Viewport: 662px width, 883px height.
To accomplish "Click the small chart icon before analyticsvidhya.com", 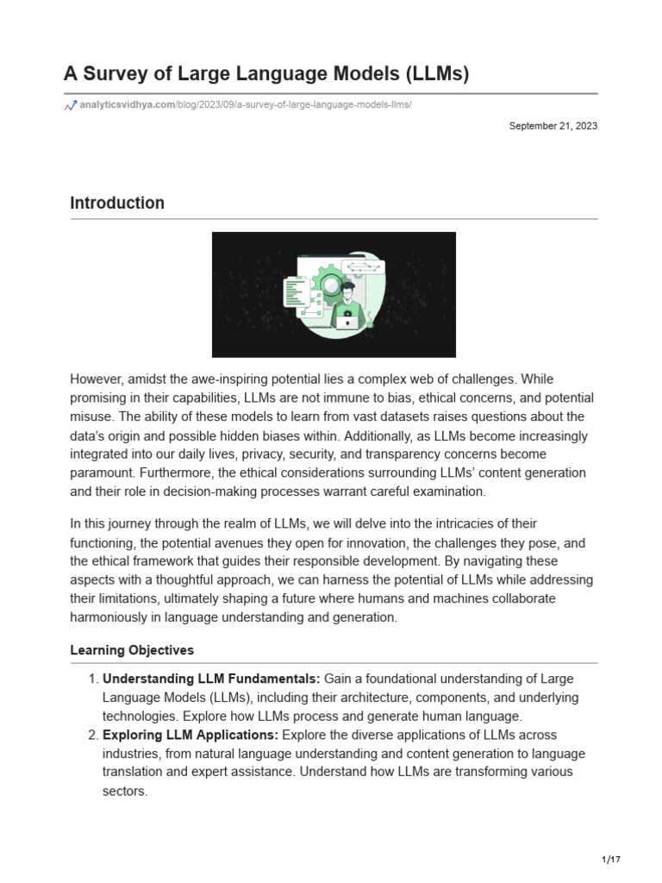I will point(71,105).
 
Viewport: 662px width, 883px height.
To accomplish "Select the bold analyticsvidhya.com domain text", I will point(127,105).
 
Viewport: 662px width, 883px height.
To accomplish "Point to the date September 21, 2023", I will point(553,126).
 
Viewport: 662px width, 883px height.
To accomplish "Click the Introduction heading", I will point(117,204).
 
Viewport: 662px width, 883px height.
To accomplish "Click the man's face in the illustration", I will point(347,295).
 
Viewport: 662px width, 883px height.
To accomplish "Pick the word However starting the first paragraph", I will point(98,379).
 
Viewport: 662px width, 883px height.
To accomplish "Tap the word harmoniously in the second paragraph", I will point(109,617).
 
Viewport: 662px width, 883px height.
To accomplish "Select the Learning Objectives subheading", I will point(132,650).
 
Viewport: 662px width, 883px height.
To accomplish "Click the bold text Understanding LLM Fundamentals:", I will point(211,679).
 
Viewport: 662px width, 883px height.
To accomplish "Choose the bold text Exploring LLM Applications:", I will point(190,735).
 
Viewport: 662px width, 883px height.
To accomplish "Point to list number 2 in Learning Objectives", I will point(92,735).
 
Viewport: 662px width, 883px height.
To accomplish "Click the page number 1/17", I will point(610,860).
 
